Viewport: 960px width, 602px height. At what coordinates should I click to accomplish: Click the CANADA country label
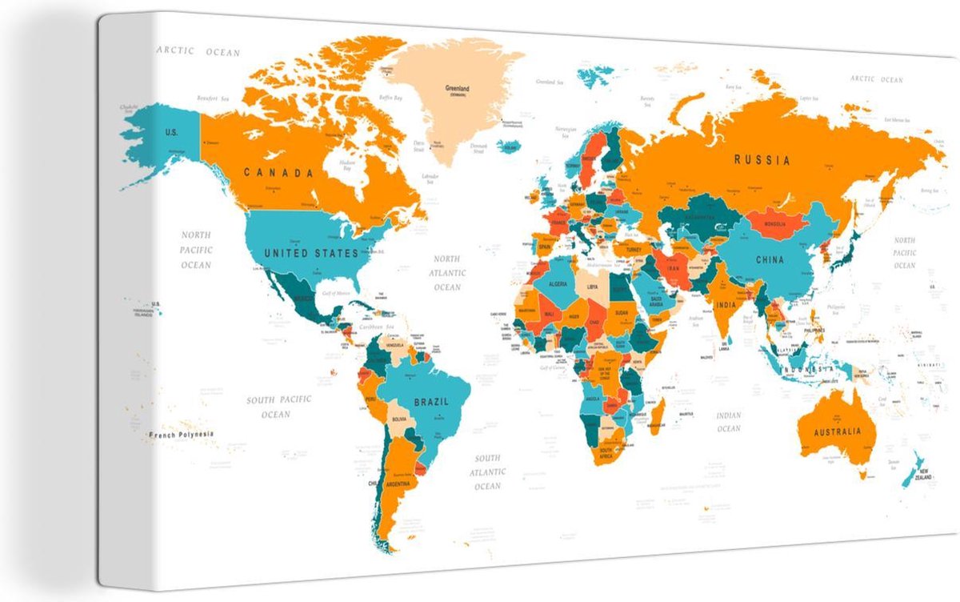[x=278, y=172]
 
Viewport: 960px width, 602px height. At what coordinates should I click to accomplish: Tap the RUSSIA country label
[x=762, y=160]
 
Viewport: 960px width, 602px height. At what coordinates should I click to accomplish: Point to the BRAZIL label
[x=430, y=402]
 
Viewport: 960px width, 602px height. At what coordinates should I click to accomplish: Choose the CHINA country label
[x=770, y=260]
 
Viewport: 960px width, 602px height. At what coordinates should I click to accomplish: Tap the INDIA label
[x=725, y=305]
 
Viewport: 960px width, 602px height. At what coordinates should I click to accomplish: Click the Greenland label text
[x=457, y=89]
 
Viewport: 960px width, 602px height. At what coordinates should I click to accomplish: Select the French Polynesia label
[x=182, y=435]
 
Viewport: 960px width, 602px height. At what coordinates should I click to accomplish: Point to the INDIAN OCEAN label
[x=729, y=422]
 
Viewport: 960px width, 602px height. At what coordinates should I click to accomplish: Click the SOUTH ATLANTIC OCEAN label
[x=487, y=472]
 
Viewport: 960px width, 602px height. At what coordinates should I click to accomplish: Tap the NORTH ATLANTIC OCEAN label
[x=447, y=272]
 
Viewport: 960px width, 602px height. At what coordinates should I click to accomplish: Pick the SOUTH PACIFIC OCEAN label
[x=278, y=406]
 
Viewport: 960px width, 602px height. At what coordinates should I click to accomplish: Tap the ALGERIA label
[x=557, y=284]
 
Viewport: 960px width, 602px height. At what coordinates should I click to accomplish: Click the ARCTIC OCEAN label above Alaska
[x=198, y=52]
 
